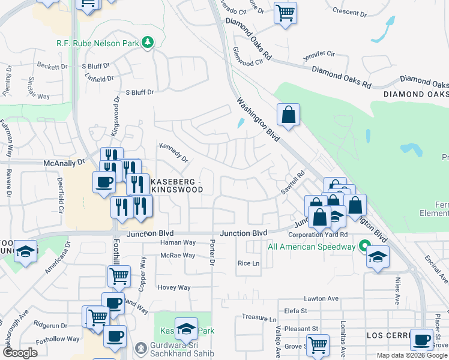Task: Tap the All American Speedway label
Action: (x=312, y=247)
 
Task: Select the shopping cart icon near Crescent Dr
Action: (x=286, y=12)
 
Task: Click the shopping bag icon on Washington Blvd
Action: (x=288, y=114)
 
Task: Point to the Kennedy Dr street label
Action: (x=173, y=152)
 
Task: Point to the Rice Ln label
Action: (x=249, y=263)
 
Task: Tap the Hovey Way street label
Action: (x=174, y=287)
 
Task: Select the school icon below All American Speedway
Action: (x=378, y=257)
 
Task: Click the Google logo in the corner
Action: (x=20, y=353)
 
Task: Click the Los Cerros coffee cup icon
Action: (x=421, y=339)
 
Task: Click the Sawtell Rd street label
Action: (x=293, y=182)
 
